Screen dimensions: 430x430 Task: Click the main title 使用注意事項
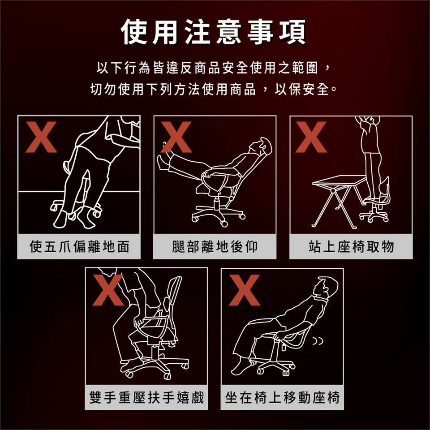click(x=213, y=32)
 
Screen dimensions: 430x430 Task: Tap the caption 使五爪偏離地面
click(x=79, y=246)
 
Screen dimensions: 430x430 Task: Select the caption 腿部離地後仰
click(x=215, y=246)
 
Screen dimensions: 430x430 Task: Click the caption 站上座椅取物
click(x=351, y=246)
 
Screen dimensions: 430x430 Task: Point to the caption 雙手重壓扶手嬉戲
click(x=147, y=397)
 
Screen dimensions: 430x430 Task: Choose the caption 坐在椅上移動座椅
click(x=283, y=397)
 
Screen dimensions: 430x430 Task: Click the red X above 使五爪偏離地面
click(x=41, y=137)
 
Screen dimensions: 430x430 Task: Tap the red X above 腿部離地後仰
click(x=176, y=137)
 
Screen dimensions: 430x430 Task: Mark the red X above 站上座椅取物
click(x=311, y=137)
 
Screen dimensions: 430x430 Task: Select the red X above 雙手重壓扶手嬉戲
click(x=108, y=290)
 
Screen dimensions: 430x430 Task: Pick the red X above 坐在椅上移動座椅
click(x=245, y=290)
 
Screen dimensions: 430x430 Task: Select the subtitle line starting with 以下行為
click(x=214, y=68)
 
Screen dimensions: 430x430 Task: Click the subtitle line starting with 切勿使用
click(x=214, y=89)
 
